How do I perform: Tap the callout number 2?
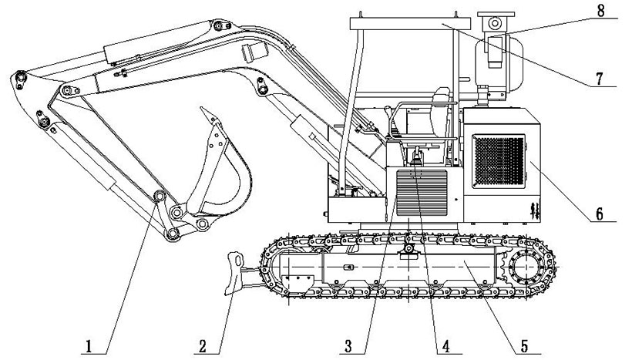click(202, 346)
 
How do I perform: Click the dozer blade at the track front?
click(234, 273)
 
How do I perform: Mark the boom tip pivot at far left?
click(18, 77)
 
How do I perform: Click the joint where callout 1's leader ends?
click(160, 198)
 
